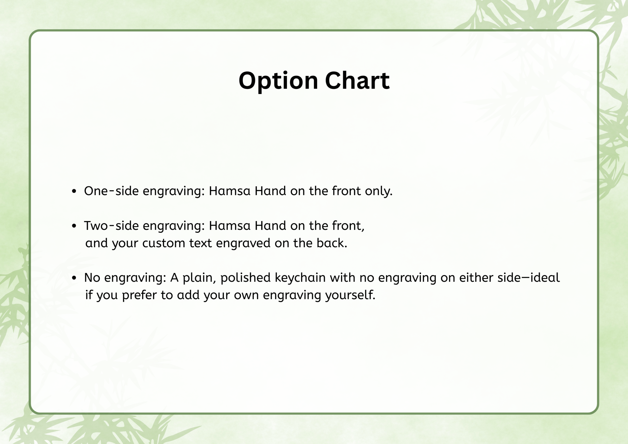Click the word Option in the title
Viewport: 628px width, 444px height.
pyautogui.click(x=278, y=81)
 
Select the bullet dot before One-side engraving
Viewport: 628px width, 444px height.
pyautogui.click(x=74, y=191)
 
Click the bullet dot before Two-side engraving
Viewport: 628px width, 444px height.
pyautogui.click(x=74, y=226)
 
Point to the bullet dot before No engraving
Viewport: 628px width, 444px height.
pyautogui.click(x=74, y=278)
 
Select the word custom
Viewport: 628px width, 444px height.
pyautogui.click(x=164, y=243)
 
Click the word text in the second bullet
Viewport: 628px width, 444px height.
pyautogui.click(x=200, y=243)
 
